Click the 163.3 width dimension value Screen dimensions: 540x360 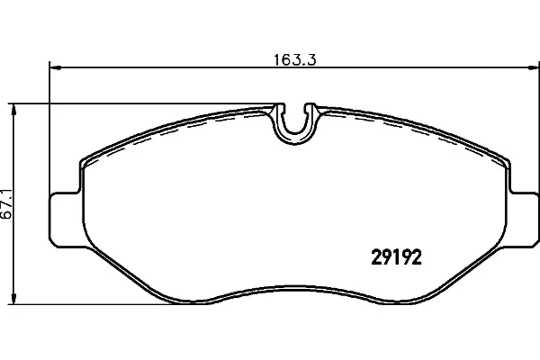point(295,60)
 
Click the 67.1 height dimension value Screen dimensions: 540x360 point(7,203)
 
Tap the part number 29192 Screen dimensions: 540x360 point(396,257)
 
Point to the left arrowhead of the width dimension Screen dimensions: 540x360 point(55,67)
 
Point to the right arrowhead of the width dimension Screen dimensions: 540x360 point(533,67)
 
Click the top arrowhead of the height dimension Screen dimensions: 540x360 point(13,111)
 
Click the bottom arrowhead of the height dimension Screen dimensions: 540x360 point(13,297)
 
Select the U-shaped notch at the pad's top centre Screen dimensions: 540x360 point(294,125)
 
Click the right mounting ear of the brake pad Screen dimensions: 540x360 point(524,220)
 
